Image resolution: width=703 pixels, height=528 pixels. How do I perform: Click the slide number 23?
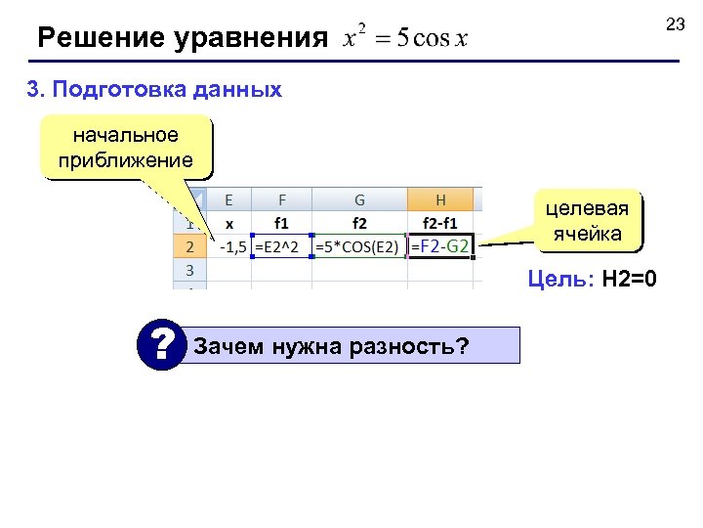[676, 24]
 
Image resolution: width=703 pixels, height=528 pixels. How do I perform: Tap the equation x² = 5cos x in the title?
[405, 39]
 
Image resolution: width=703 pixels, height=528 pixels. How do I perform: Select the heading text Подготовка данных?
[167, 90]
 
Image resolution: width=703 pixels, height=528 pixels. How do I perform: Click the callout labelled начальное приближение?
[119, 147]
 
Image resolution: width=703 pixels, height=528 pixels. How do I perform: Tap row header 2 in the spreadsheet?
[190, 246]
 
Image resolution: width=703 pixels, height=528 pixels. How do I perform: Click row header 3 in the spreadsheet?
[190, 269]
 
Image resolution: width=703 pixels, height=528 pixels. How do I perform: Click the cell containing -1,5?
[230, 246]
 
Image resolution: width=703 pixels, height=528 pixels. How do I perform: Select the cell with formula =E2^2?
[281, 246]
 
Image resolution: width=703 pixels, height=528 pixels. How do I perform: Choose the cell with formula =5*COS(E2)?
[358, 246]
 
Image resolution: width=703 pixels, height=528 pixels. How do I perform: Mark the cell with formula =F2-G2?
[439, 246]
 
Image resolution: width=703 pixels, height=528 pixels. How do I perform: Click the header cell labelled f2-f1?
[440, 223]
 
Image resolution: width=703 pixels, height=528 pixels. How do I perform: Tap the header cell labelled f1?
[281, 223]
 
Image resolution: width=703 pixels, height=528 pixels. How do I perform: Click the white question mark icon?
[160, 345]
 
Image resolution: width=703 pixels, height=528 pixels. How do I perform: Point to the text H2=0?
[630, 281]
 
